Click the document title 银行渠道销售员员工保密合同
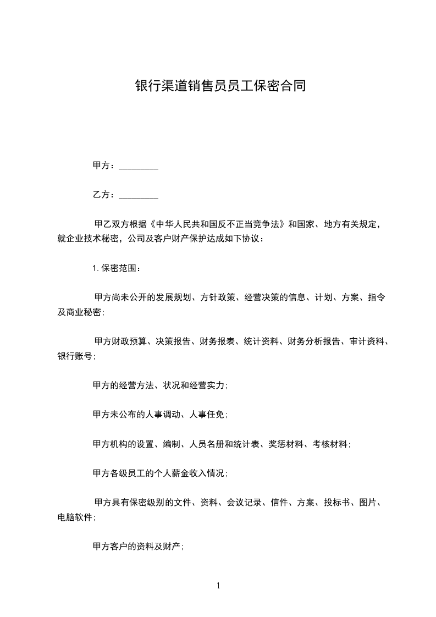(220, 86)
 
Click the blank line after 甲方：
(139, 166)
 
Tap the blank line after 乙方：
(139, 195)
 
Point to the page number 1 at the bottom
(218, 586)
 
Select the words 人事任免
(208, 415)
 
